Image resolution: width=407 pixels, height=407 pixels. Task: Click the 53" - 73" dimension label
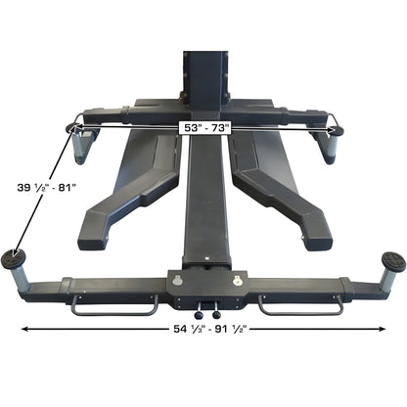pyautogui.click(x=204, y=126)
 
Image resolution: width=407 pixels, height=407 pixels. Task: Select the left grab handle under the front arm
pyautogui.click(x=113, y=305)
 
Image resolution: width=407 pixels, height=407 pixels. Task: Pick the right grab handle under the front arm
pyautogui.click(x=298, y=305)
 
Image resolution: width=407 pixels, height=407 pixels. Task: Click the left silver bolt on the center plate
pyautogui.click(x=178, y=282)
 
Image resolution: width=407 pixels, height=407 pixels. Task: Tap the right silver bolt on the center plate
pyautogui.click(x=236, y=282)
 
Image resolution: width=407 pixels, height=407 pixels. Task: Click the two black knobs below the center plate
pyautogui.click(x=206, y=315)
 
